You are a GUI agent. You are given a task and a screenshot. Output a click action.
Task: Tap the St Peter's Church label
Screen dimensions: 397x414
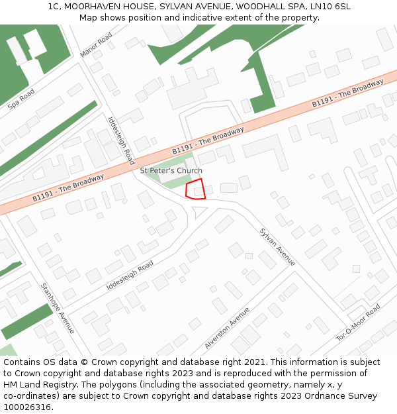coord(171,171)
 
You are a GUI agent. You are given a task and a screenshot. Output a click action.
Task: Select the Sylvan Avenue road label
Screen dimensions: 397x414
coord(277,246)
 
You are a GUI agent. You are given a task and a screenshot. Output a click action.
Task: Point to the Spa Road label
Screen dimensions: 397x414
coord(21,99)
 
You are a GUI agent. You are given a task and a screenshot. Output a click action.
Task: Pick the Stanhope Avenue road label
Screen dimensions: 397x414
coord(58,309)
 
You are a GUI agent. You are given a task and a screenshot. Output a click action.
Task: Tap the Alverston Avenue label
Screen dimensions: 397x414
coord(227,328)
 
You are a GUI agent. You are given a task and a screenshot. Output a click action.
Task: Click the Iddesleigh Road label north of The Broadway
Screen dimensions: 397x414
coord(121,140)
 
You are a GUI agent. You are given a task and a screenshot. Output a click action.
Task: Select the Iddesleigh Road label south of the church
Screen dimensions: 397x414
coord(130,276)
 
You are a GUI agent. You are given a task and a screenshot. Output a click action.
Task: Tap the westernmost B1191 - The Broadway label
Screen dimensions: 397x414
coord(68,188)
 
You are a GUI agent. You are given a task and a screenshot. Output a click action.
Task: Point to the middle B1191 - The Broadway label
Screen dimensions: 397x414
coord(208,141)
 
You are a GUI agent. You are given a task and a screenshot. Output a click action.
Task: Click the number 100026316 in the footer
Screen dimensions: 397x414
coord(26,407)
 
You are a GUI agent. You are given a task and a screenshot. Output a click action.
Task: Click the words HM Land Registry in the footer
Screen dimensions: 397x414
coord(38,384)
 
